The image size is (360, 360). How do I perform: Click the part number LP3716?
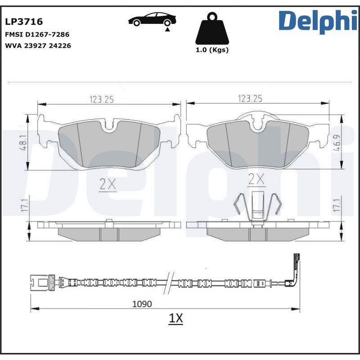click(x=24, y=22)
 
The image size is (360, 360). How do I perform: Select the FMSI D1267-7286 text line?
click(x=37, y=35)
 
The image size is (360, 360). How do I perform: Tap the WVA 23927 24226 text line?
click(x=38, y=46)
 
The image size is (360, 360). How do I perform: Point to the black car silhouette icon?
click(x=152, y=19)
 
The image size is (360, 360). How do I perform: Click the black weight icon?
click(x=212, y=28)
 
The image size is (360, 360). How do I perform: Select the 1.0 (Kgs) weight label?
click(x=212, y=50)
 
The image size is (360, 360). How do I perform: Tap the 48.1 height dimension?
click(x=24, y=143)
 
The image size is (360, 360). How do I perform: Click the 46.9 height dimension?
click(x=337, y=143)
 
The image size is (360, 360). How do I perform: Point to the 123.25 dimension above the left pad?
click(x=102, y=99)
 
